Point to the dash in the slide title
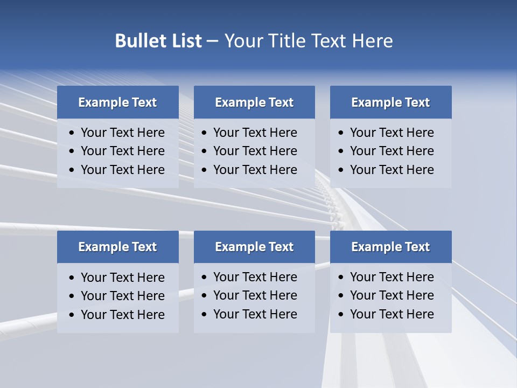212,41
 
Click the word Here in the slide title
372,41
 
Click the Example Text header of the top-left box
117,102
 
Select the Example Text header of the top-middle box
254,102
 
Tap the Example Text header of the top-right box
390,102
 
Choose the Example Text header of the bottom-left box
117,247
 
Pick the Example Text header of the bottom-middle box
254,247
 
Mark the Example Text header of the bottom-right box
390,247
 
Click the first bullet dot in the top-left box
72,133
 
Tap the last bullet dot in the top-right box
341,170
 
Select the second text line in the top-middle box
255,151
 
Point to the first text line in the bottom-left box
122,278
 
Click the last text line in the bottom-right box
392,314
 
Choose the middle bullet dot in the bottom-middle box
205,296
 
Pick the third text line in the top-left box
122,170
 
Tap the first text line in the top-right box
392,133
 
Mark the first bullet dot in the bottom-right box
341,278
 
